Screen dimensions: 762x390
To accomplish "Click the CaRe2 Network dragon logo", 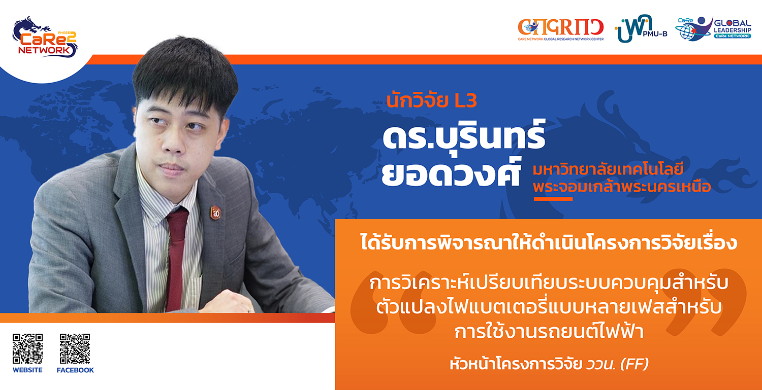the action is [x=45, y=37].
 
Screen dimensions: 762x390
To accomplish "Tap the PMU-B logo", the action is [x=641, y=29].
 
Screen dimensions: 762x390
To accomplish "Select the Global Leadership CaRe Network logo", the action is [x=713, y=29].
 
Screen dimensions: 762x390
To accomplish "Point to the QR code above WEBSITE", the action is [x=27, y=348].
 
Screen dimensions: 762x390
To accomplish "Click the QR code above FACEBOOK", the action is [x=75, y=348].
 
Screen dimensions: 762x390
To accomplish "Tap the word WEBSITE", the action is [x=27, y=370].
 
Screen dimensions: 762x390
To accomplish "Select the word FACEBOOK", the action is [x=75, y=370].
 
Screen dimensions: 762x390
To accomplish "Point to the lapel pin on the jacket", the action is [x=215, y=212].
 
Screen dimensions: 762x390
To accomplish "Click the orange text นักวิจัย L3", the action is [x=432, y=100].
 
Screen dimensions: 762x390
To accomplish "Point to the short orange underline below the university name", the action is [x=553, y=199].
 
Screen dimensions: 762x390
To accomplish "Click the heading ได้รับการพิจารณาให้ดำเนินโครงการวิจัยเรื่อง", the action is [x=549, y=242].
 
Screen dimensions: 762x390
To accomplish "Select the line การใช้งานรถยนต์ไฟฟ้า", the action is [x=549, y=331].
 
